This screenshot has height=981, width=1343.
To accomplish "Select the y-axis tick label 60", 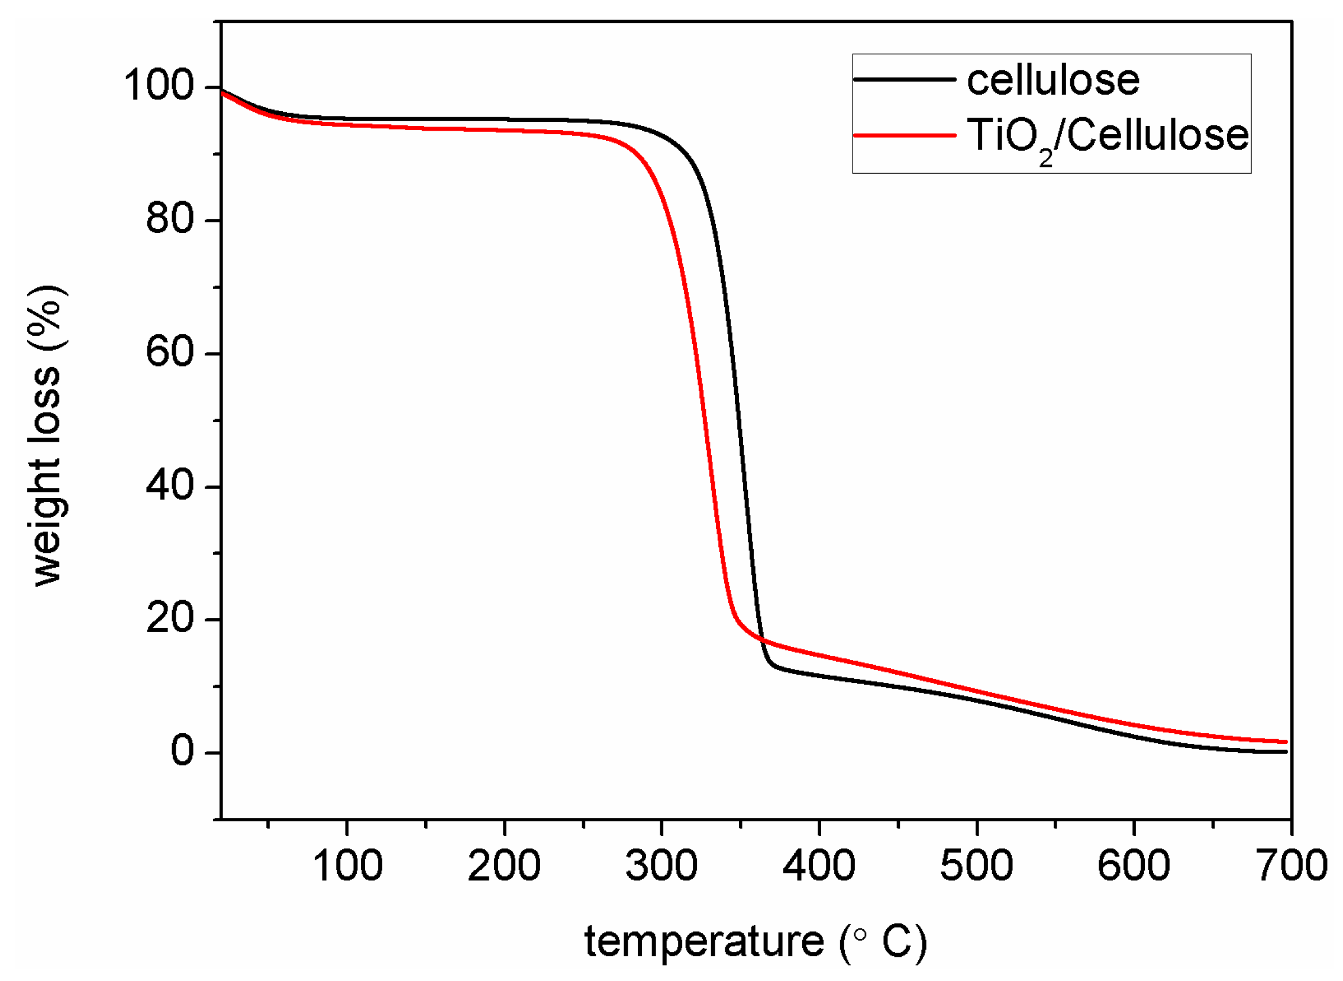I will coord(170,352).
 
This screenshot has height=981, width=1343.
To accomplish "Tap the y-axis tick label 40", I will coord(170,485).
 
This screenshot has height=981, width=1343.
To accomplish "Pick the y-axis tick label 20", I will coord(170,619).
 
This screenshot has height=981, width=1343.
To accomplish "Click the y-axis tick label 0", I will coord(182,751).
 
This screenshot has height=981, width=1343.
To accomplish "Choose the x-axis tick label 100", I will coord(347,866).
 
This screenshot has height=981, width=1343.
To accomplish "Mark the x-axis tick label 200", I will coord(504,866).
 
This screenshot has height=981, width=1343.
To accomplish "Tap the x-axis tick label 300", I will coord(661,866).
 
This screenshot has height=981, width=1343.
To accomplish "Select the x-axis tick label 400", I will coord(819,866).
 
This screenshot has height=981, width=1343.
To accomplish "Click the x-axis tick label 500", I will coord(977,866).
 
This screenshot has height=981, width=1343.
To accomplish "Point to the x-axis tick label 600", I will coord(1134,866).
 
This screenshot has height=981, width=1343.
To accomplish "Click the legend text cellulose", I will coord(1053,80).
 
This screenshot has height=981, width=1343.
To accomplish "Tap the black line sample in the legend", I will coord(904,80).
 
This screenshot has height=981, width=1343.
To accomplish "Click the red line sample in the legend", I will coord(904,135).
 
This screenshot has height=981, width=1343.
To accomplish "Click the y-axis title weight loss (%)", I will coord(47,436).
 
